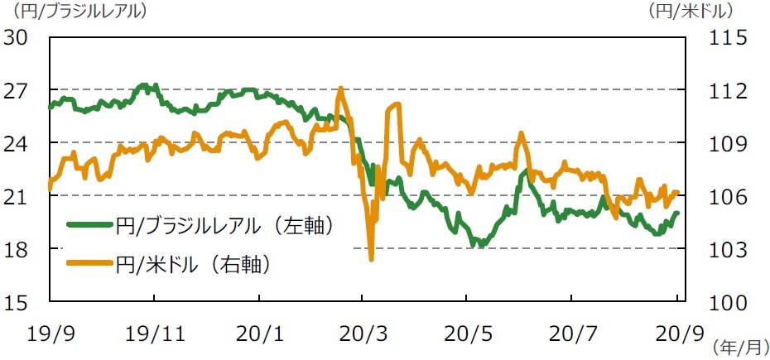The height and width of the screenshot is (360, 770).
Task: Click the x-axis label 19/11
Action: coord(156,334)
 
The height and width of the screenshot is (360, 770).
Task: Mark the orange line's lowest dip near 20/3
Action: coord(372,259)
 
